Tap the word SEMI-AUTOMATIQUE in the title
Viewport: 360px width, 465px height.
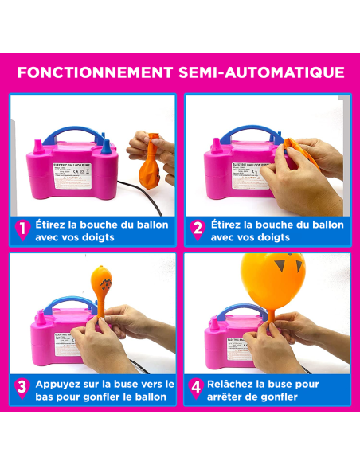[x=264, y=72]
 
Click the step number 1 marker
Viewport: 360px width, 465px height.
[x=22, y=231]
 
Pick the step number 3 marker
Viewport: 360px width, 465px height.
[x=22, y=389]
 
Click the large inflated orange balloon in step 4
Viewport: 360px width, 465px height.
[x=272, y=275]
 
